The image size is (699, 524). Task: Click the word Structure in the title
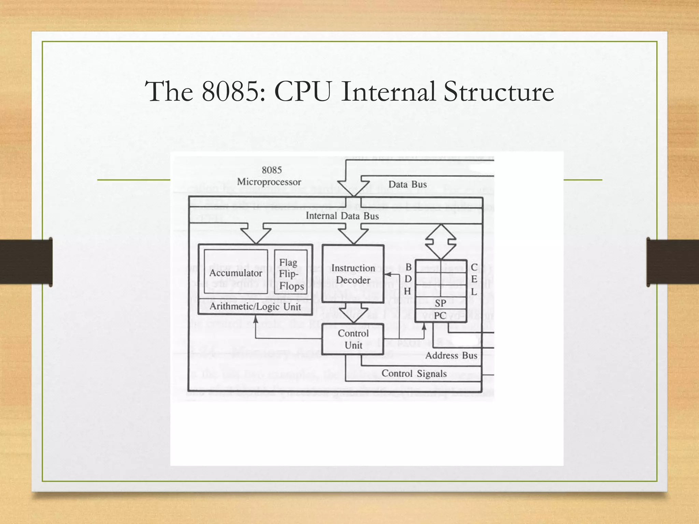coord(498,91)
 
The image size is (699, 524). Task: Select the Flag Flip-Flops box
coord(291,274)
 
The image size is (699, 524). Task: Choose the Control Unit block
coord(353,339)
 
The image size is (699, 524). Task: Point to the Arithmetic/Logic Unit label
coord(255,306)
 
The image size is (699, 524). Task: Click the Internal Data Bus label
coord(342,216)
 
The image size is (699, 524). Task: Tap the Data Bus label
coord(408,185)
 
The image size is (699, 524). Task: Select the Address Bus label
coord(451,355)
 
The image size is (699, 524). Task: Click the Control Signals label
coord(414,374)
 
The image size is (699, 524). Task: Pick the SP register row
coord(440,303)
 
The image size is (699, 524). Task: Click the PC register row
coord(440,316)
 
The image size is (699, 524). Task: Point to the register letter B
coord(408,267)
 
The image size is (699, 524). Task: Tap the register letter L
coord(474,292)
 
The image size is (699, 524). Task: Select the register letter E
coord(474,279)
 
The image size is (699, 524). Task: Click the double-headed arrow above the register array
coord(441,242)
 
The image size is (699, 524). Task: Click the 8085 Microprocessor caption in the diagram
coord(270,176)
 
